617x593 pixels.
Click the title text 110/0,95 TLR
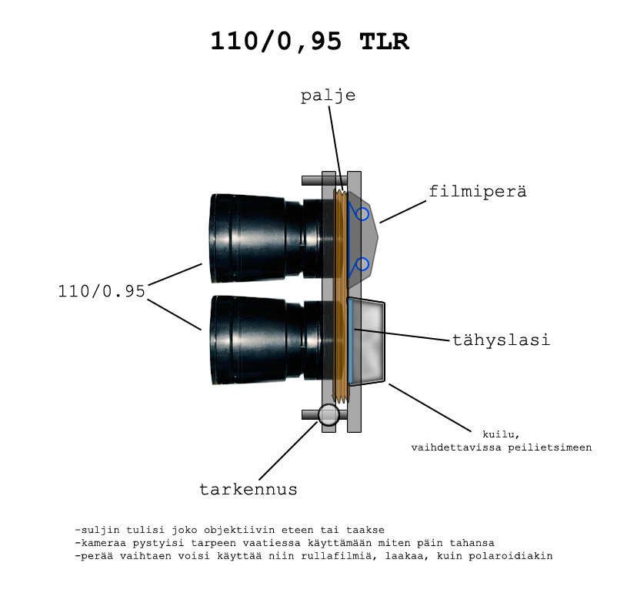[310, 42]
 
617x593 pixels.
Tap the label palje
[329, 95]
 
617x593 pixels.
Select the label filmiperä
[477, 192]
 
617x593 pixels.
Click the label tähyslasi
[501, 340]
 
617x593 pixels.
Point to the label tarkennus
[248, 489]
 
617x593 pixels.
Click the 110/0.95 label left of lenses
[102, 291]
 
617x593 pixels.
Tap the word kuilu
[501, 434]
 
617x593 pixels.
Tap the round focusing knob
[329, 415]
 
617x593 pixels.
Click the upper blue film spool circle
[362, 214]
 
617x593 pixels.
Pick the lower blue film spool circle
[362, 264]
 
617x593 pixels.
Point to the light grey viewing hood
[367, 341]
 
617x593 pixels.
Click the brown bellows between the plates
[341, 296]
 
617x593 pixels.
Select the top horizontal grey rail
[324, 180]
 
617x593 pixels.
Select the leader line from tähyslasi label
[402, 334]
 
